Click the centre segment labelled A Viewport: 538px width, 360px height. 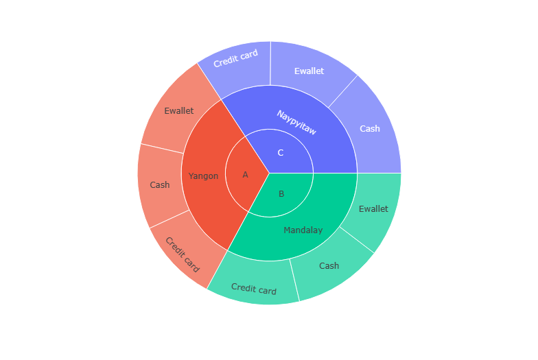click(x=245, y=175)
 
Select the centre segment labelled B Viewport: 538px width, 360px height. click(x=281, y=194)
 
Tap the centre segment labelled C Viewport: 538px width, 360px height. click(x=280, y=153)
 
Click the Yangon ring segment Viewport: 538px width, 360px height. click(x=203, y=176)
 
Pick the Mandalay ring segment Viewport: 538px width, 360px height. click(x=303, y=230)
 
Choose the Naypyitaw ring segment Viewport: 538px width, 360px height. click(x=296, y=122)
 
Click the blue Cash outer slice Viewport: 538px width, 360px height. click(x=370, y=128)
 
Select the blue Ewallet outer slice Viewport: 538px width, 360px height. click(x=309, y=71)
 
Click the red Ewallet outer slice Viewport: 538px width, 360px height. click(x=178, y=110)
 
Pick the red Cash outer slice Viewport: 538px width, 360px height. click(x=160, y=185)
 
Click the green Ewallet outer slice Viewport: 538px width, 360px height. click(x=373, y=209)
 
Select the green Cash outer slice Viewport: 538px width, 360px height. click(x=329, y=265)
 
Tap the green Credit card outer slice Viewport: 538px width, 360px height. click(x=253, y=289)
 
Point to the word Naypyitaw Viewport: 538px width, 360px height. click(x=296, y=122)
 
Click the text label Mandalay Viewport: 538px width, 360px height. click(x=303, y=230)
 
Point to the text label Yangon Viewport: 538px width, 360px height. click(x=203, y=176)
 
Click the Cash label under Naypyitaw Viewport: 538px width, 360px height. click(x=370, y=128)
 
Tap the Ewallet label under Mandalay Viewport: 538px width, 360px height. click(x=373, y=209)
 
